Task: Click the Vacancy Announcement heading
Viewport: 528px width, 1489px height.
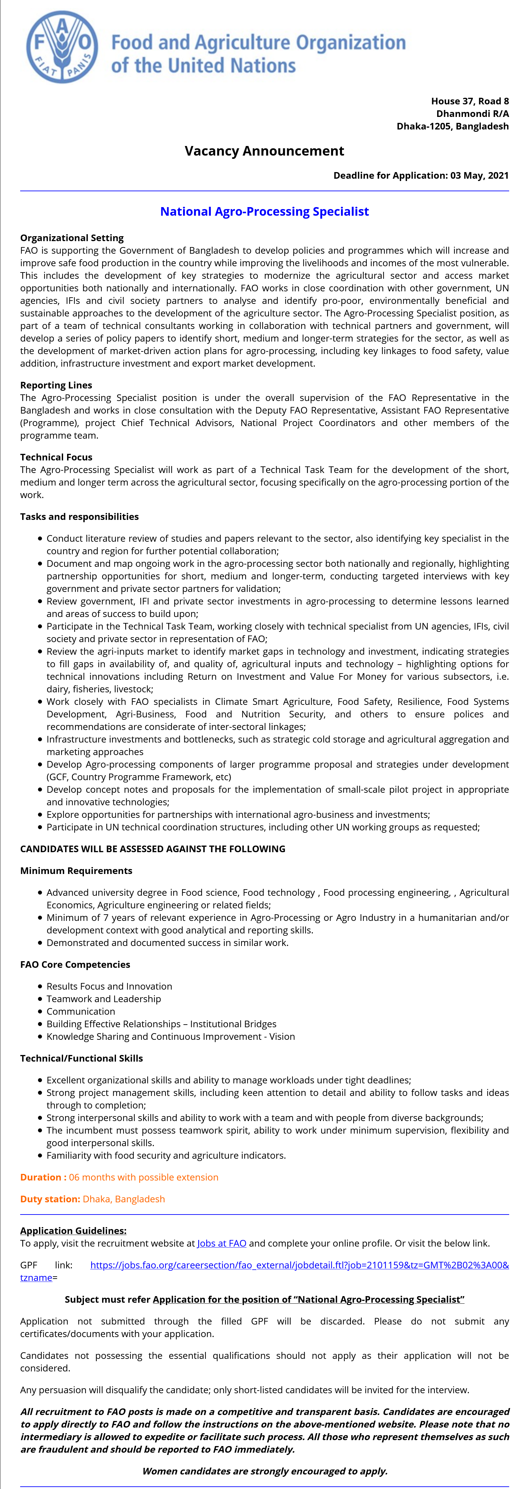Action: pyautogui.click(x=264, y=151)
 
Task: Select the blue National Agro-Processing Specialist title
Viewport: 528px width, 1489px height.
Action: pyautogui.click(x=264, y=211)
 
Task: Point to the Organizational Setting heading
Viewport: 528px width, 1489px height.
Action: pyautogui.click(x=72, y=237)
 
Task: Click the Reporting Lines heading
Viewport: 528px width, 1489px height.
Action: pyautogui.click(x=56, y=385)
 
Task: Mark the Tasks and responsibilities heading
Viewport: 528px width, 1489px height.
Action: pyautogui.click(x=79, y=517)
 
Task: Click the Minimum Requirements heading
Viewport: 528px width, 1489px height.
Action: pyautogui.click(x=76, y=871)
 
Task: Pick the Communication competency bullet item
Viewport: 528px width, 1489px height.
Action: pyautogui.click(x=81, y=1011)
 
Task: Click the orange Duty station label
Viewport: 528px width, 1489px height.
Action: pyautogui.click(x=50, y=1199)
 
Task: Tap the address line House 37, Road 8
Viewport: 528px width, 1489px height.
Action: pyautogui.click(x=470, y=101)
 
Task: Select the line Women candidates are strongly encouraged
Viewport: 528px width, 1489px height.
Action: pyautogui.click(x=264, y=1471)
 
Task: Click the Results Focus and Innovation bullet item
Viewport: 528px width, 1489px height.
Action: pyautogui.click(x=109, y=986)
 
